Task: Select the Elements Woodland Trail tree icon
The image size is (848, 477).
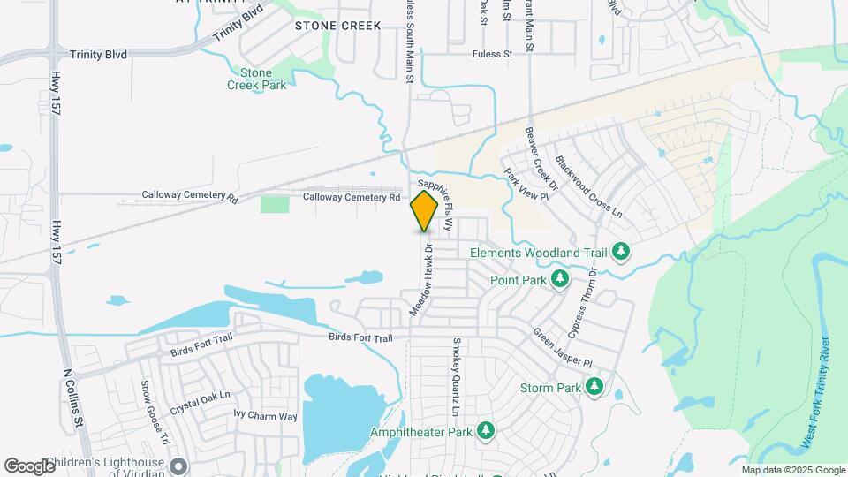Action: pos(621,252)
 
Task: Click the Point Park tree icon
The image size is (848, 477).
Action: pos(560,279)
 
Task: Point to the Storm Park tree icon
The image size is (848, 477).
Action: pos(594,388)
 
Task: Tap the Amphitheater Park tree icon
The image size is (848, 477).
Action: pos(485,431)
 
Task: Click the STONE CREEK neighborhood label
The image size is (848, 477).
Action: pos(337,26)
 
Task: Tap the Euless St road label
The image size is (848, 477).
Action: pos(496,55)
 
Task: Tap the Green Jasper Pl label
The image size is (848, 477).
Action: pos(562,350)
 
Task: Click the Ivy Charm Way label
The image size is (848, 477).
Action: pos(265,416)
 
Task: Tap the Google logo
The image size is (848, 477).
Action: pos(29,466)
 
